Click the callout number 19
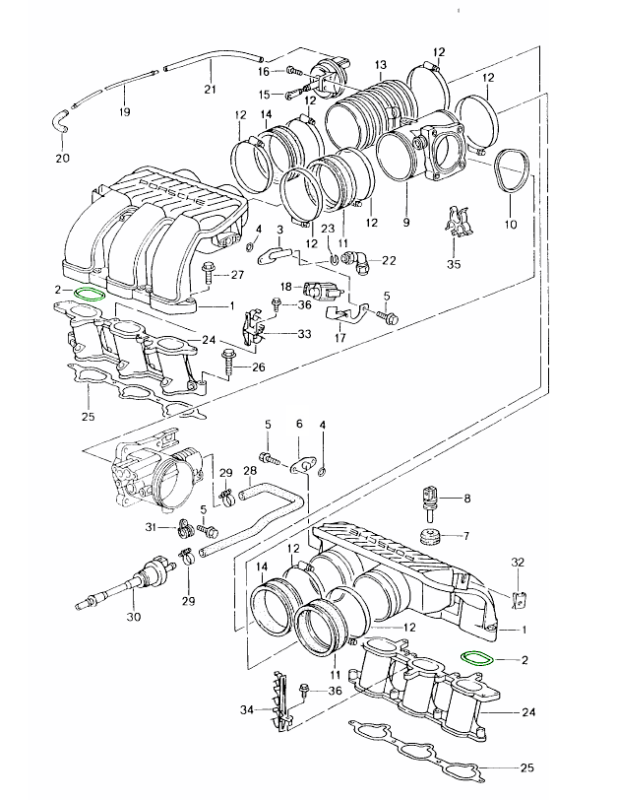pyautogui.click(x=124, y=111)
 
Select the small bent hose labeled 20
pyautogui.click(x=58, y=125)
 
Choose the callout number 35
pyautogui.click(x=454, y=263)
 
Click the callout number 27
pyautogui.click(x=237, y=275)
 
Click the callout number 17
pyautogui.click(x=341, y=338)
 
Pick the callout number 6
pyautogui.click(x=299, y=425)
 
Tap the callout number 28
pyautogui.click(x=250, y=472)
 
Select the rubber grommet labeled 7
pyautogui.click(x=428, y=536)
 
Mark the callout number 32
pyautogui.click(x=520, y=561)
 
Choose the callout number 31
pyautogui.click(x=152, y=528)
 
